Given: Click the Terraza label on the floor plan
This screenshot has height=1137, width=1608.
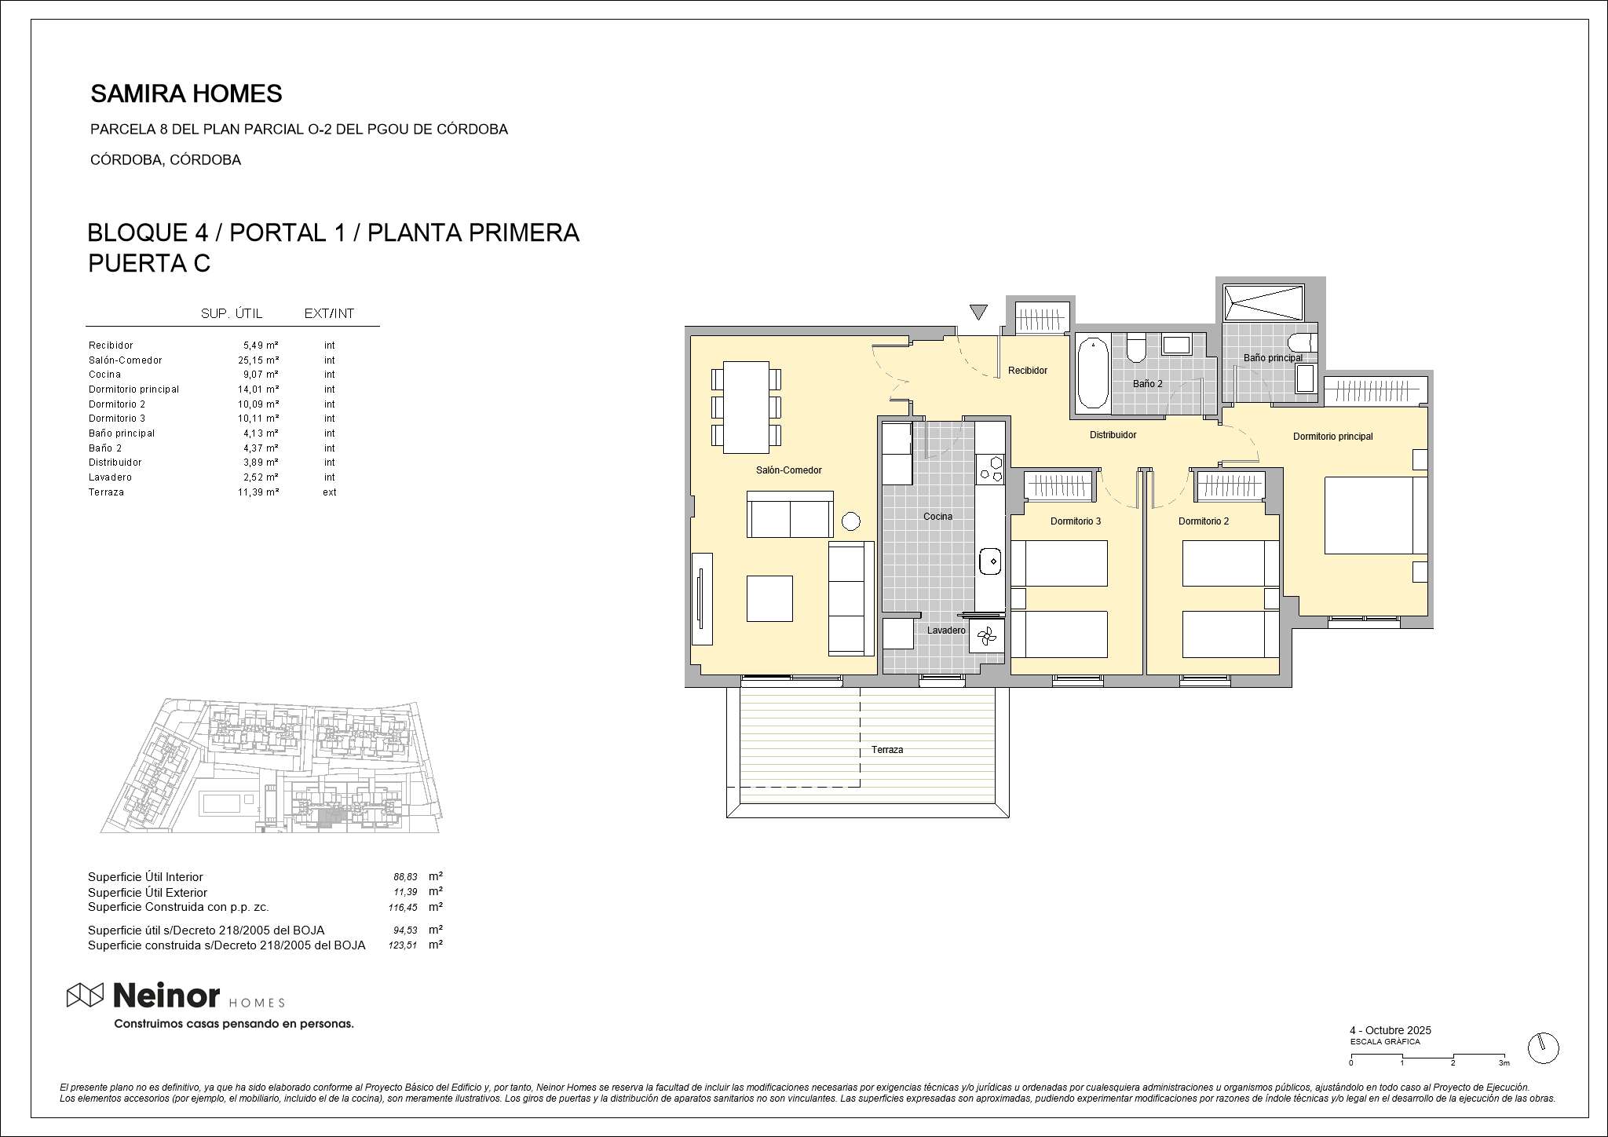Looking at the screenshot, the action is (x=887, y=750).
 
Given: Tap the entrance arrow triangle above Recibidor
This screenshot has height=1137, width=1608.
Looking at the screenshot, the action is (x=978, y=312).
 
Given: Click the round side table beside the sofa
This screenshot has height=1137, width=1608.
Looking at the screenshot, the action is (x=850, y=521).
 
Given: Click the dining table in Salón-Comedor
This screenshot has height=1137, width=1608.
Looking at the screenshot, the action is (x=746, y=407).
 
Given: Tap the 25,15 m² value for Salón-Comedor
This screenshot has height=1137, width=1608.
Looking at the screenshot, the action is (x=258, y=360).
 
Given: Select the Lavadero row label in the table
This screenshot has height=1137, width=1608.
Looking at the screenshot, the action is (x=111, y=477).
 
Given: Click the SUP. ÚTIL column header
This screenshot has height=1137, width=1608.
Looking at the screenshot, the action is (x=232, y=314).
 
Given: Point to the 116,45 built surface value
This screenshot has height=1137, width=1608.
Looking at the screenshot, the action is (x=403, y=908).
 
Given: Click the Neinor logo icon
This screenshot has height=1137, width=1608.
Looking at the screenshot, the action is (x=85, y=995).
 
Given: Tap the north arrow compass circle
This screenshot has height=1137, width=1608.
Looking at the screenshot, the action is (x=1543, y=1048).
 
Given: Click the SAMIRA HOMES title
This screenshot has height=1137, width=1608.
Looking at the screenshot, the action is (x=186, y=94).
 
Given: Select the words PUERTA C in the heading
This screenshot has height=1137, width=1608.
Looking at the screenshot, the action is (x=149, y=264).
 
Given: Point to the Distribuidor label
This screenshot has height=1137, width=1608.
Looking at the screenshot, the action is (x=1113, y=435).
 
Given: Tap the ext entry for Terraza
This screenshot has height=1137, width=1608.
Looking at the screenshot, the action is (x=330, y=492).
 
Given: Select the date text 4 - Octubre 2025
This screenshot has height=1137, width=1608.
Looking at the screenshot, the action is (x=1391, y=1030).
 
